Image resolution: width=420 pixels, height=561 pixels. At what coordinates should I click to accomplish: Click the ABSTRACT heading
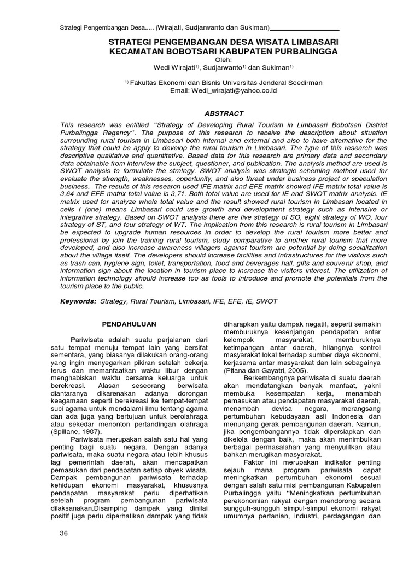(223, 113)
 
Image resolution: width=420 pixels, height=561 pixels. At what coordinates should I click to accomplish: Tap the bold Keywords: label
(78, 301)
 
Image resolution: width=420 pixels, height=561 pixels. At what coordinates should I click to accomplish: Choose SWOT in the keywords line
(267, 301)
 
